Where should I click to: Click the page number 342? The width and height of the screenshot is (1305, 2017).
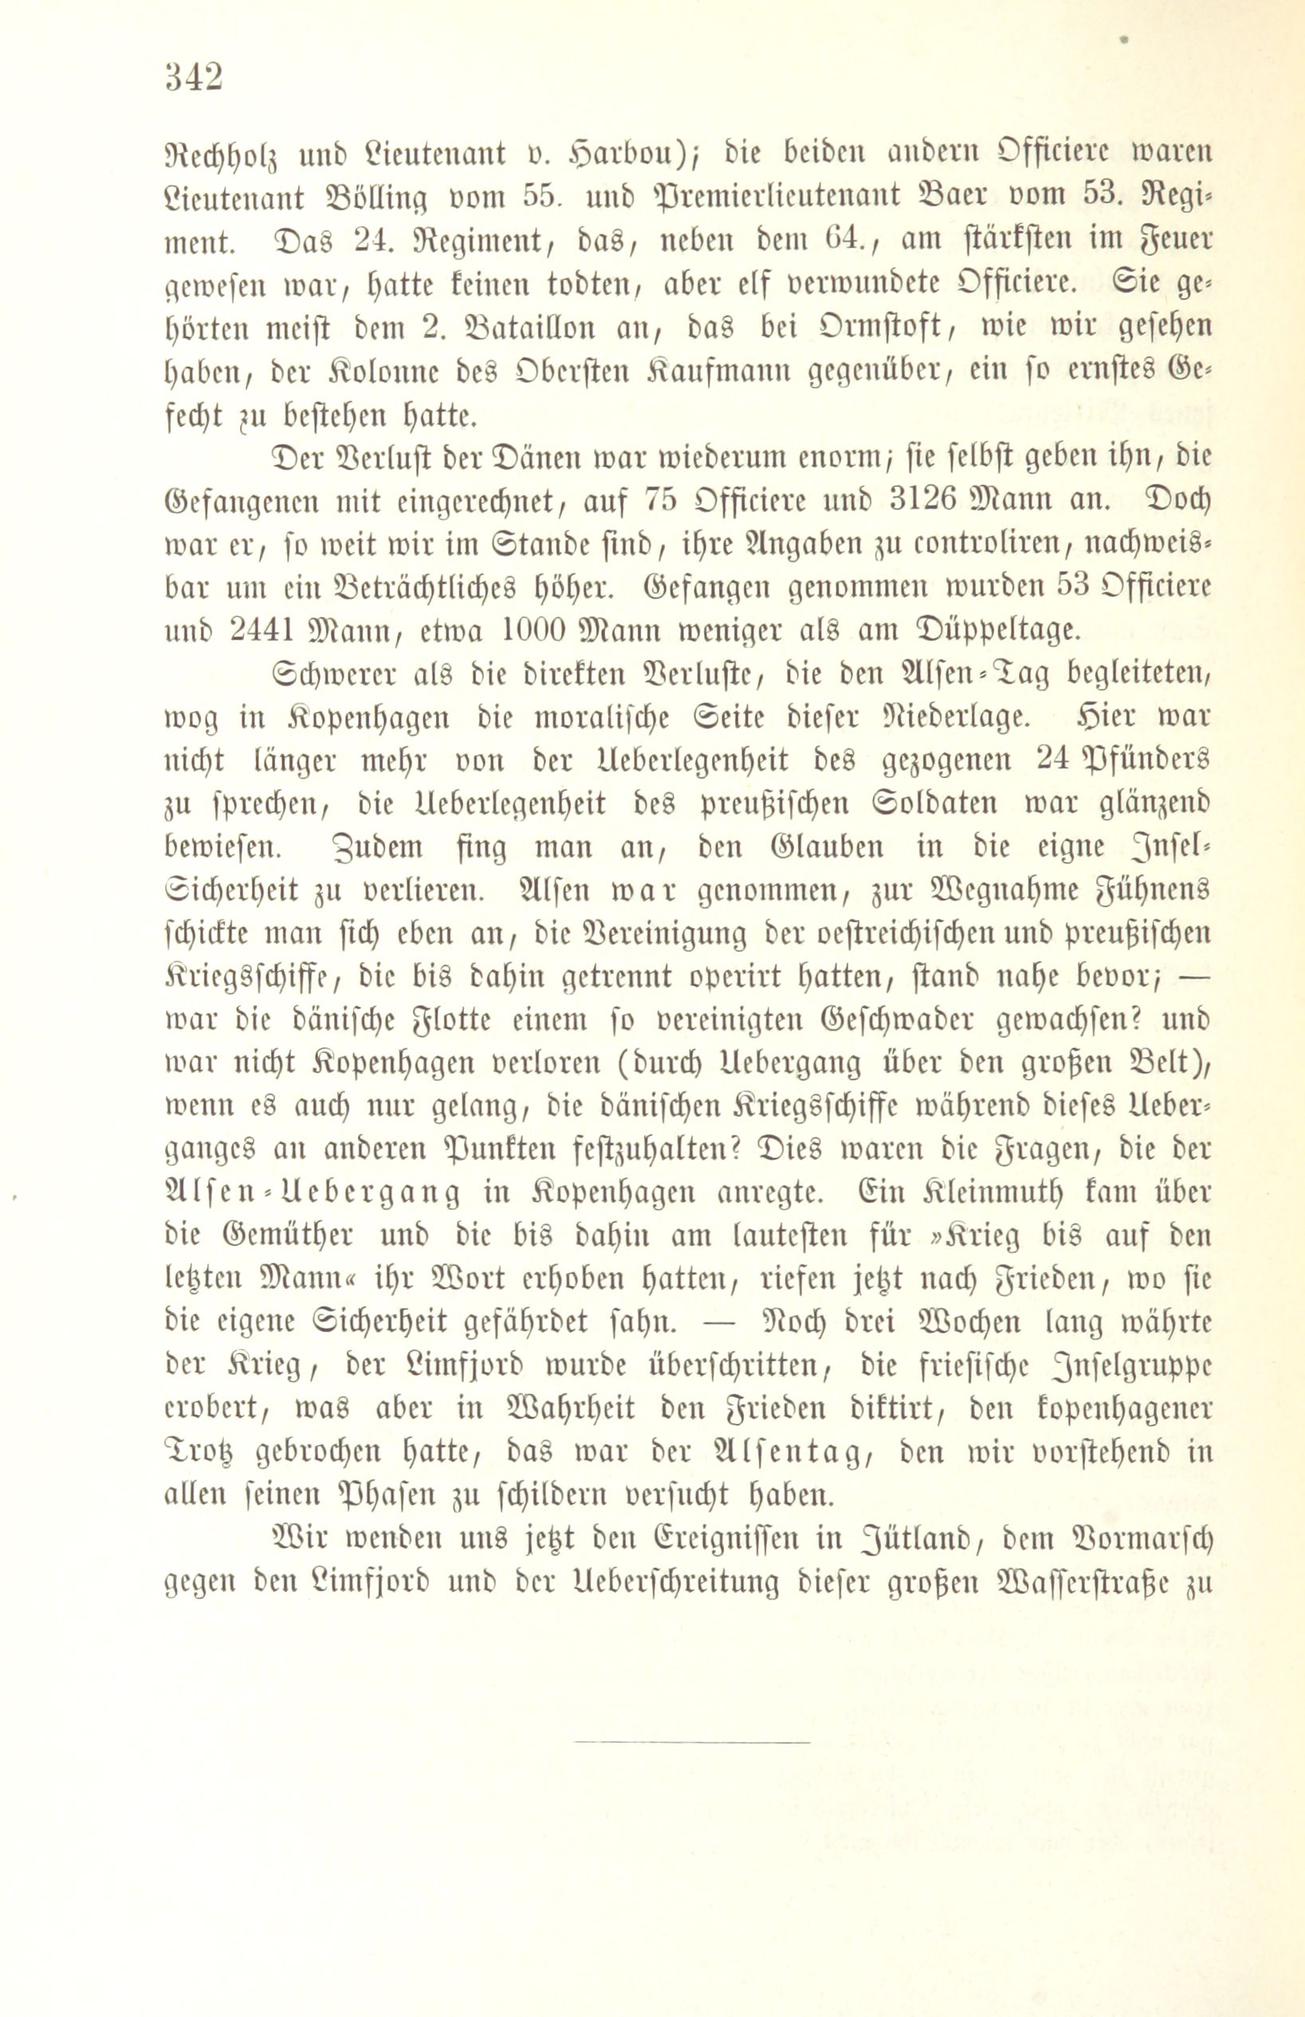pos(194,78)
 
